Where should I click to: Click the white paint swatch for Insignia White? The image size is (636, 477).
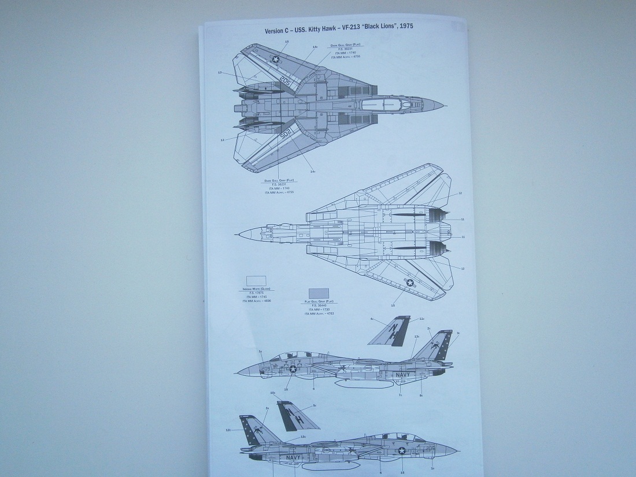[x=256, y=281]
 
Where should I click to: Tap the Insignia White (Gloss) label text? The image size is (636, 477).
[x=257, y=289]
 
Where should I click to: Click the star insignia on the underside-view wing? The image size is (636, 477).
[x=410, y=283]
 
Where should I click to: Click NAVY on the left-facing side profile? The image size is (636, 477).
[x=402, y=375]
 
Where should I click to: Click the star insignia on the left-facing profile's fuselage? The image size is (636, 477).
[x=293, y=369]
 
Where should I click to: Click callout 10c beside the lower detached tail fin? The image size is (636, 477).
[x=272, y=393]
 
